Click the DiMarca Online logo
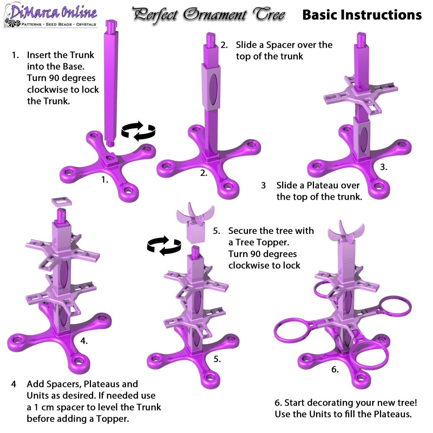click(51, 15)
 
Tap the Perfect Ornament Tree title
click(209, 15)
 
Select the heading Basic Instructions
click(362, 15)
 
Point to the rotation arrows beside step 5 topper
click(164, 246)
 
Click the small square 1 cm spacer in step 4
click(62, 202)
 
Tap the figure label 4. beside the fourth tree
click(84, 341)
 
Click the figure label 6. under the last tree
click(335, 369)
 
